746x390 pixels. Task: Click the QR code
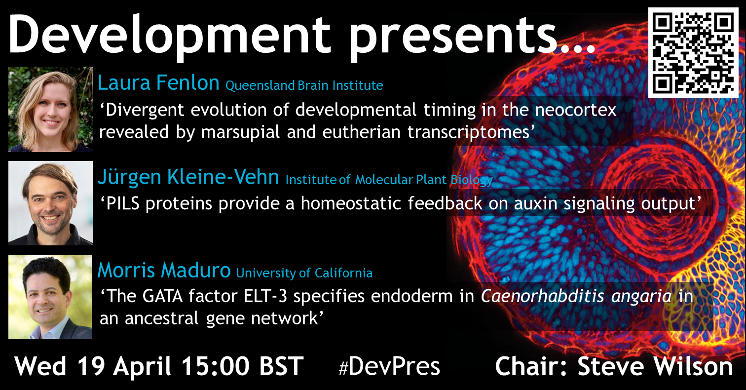pyautogui.click(x=693, y=53)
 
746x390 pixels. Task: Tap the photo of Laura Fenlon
pyautogui.click(x=51, y=109)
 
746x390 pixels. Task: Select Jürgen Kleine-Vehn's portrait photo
pyautogui.click(x=51, y=203)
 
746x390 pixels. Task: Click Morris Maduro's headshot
pyautogui.click(x=50, y=297)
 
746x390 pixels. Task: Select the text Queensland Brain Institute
pyautogui.click(x=304, y=86)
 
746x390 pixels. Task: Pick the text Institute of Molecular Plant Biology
pyautogui.click(x=389, y=180)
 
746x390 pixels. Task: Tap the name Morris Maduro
pyautogui.click(x=164, y=270)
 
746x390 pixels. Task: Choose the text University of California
pyautogui.click(x=304, y=273)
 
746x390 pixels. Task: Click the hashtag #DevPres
pyautogui.click(x=389, y=366)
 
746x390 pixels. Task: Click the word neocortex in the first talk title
pyautogui.click(x=576, y=110)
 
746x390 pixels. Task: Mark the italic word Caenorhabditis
pyautogui.click(x=542, y=296)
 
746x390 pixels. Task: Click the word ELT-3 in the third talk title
pyautogui.click(x=265, y=296)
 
